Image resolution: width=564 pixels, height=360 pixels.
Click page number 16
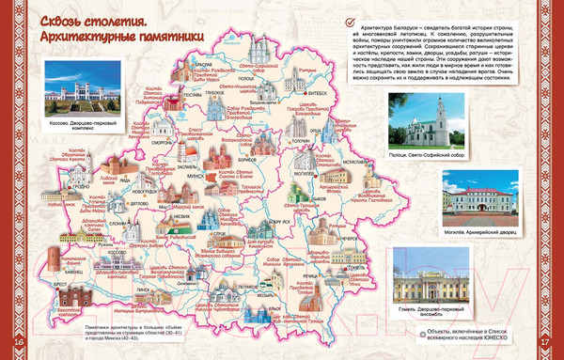click(x=22, y=351)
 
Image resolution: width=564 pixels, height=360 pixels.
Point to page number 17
click(x=542, y=351)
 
